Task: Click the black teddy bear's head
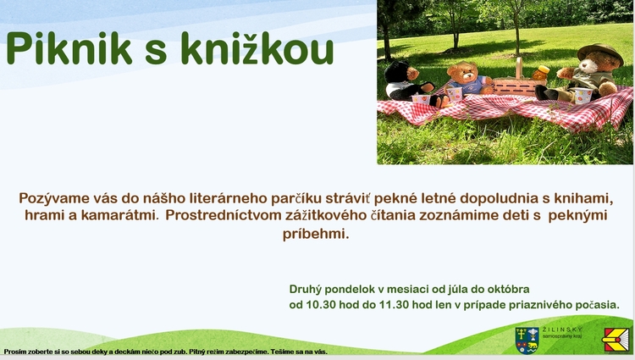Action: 397,71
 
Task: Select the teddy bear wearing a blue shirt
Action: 468,80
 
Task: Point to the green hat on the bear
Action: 600,53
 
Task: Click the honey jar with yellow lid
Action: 541,73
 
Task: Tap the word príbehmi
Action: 316,234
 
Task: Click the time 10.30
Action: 321,305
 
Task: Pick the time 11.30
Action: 394,305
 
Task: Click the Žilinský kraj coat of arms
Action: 527,341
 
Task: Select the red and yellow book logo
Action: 616,340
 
